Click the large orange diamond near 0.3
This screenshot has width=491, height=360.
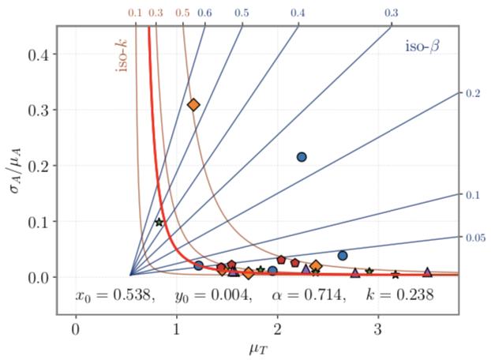coord(193,104)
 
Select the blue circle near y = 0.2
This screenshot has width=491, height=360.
coord(301,157)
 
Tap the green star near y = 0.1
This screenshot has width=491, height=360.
coord(159,223)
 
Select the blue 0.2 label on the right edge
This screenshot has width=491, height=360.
coord(473,93)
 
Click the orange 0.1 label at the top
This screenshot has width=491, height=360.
coord(135,13)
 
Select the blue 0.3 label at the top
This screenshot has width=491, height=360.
coord(391,13)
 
